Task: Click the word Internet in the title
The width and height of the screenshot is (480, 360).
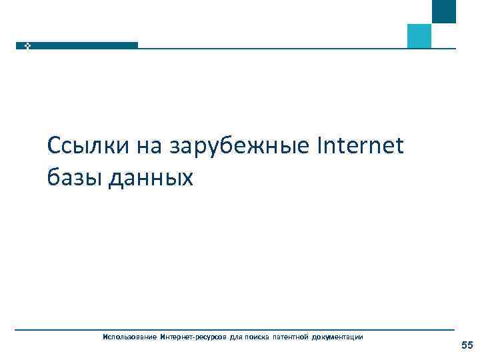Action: [x=363, y=145]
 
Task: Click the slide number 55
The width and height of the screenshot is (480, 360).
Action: [x=467, y=345]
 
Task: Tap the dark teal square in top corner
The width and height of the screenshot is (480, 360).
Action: [x=444, y=11]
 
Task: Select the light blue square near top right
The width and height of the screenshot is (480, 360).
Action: [x=419, y=36]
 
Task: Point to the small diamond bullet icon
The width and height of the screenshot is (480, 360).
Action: [x=27, y=45]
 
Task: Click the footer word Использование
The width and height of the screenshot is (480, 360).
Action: [x=129, y=337]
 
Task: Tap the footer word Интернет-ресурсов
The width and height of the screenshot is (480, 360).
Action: [x=193, y=337]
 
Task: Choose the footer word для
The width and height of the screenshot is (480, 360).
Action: [x=237, y=337]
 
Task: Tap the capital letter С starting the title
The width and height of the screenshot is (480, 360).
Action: [x=55, y=145]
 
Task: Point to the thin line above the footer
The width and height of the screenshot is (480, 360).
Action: [x=233, y=329]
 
